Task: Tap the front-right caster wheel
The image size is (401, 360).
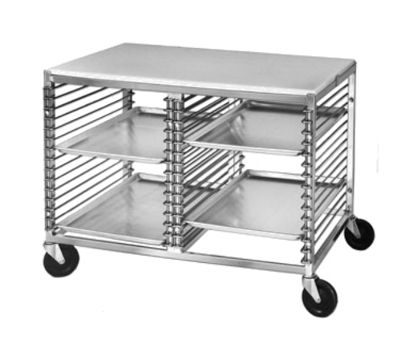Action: click(x=318, y=297)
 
